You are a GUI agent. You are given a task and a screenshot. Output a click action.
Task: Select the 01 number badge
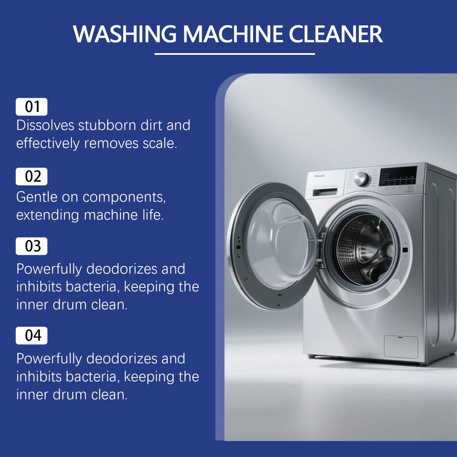32,107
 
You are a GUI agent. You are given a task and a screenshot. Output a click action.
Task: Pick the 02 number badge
32,176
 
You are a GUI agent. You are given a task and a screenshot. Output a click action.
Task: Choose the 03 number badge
32,246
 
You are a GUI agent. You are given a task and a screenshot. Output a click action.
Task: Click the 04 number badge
32,335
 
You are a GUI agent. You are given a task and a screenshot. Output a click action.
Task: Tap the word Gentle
37,196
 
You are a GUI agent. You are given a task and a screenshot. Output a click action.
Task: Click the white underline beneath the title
235,54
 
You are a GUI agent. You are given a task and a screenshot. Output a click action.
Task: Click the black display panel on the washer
398,176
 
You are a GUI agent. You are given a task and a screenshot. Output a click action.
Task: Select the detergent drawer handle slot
325,192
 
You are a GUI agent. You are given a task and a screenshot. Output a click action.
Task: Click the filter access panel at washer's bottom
401,347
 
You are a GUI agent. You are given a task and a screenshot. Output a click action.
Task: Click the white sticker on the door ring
393,286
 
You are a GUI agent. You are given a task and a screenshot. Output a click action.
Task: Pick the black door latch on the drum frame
404,250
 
